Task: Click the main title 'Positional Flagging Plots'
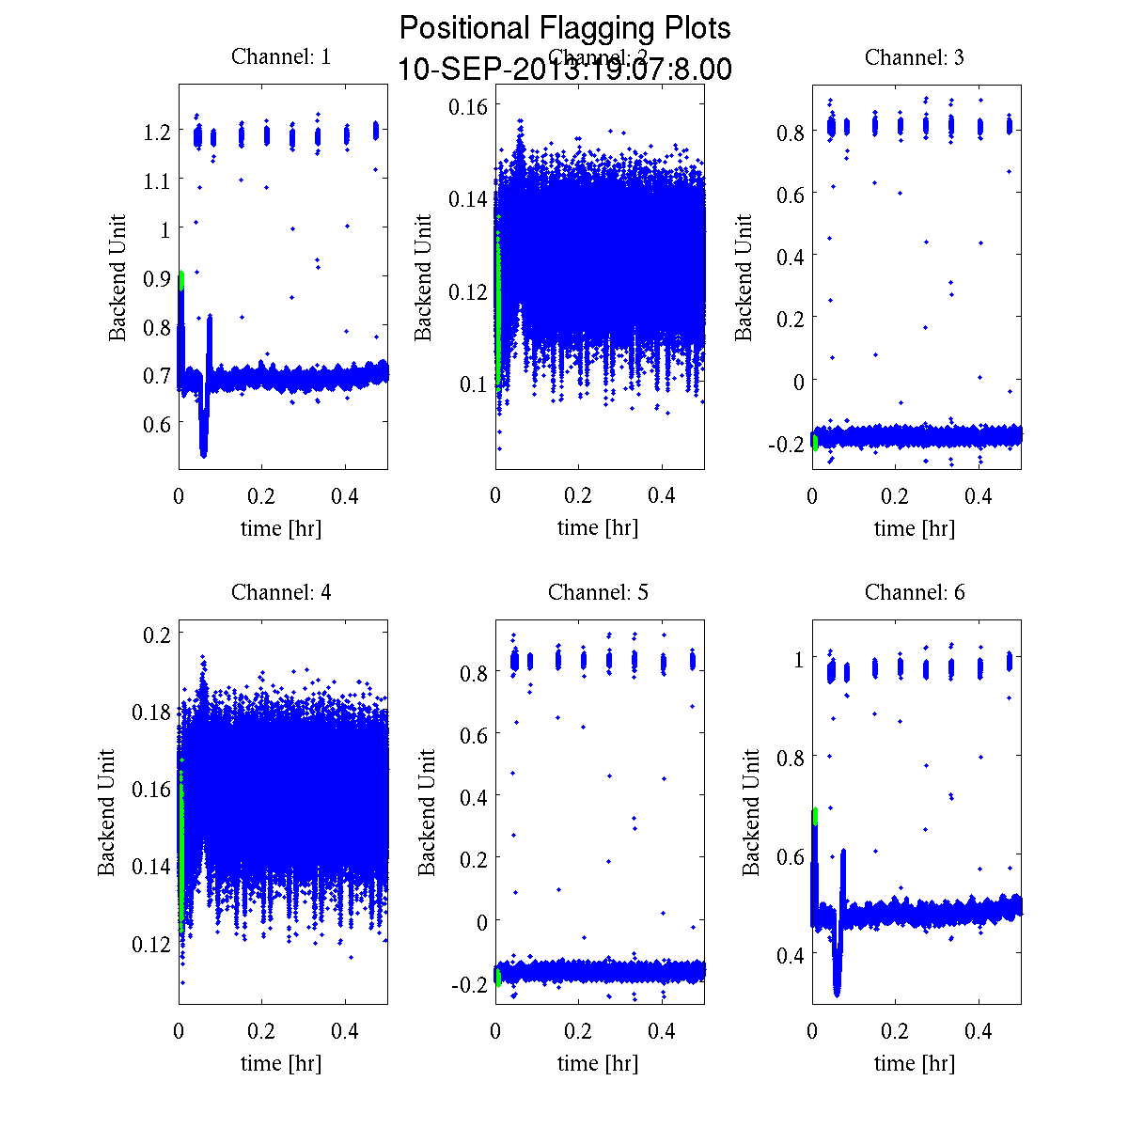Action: coord(565,28)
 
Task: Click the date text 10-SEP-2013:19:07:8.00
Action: coord(565,70)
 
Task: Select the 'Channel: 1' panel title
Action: coord(281,57)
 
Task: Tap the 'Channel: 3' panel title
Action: coord(915,57)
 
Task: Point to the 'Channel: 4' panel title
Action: coord(281,592)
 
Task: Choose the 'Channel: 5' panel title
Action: coord(598,592)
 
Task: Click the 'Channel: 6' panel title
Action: coord(915,592)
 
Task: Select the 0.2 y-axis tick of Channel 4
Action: coord(157,634)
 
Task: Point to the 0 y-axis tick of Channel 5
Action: coord(481,921)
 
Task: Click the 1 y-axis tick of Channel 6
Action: coord(798,659)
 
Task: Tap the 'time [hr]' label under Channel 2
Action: coord(598,528)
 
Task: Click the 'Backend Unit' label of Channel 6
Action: coord(751,812)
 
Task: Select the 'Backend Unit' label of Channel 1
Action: coord(117,277)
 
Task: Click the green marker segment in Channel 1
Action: coord(180,280)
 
